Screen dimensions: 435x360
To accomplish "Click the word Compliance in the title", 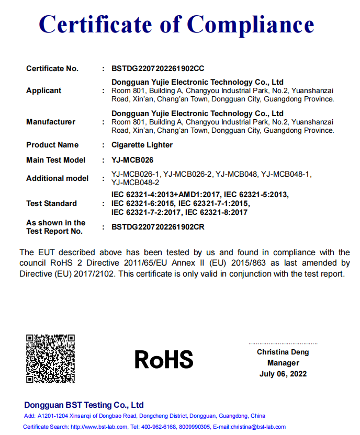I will click(251, 24).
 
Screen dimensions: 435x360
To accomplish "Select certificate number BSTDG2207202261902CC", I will click(158, 68).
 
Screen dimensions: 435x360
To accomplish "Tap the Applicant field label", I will click(43, 90).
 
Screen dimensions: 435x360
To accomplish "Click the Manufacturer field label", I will click(51, 122).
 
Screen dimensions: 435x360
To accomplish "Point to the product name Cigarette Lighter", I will click(142, 145).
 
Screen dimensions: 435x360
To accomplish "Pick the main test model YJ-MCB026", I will click(133, 160).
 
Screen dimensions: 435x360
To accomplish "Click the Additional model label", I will click(58, 178).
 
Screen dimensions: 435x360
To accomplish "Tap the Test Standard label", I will click(51, 203).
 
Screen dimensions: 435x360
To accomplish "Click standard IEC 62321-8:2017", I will click(216, 212).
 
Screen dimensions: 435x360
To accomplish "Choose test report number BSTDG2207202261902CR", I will click(158, 227).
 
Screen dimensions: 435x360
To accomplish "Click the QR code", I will click(50, 359).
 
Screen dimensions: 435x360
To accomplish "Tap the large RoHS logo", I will click(164, 359).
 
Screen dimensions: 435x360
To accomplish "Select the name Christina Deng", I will click(283, 352).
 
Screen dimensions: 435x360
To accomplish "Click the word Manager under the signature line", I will click(283, 363).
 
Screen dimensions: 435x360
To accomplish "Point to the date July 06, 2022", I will click(283, 374).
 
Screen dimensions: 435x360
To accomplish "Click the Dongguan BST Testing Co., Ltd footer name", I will click(84, 405).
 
